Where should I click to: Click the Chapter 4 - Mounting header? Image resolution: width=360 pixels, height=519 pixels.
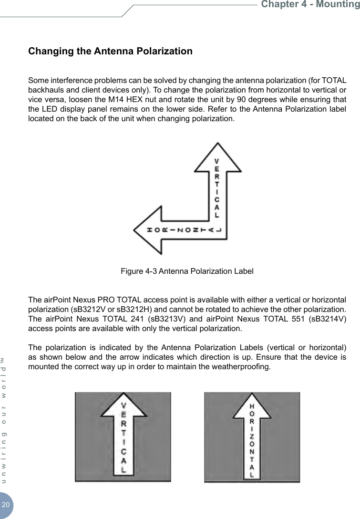pyautogui.click(x=310, y=5)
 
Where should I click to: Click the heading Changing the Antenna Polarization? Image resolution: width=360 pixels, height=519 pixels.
pyautogui.click(x=111, y=51)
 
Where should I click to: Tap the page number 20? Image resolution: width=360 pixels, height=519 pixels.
pyautogui.click(x=6, y=505)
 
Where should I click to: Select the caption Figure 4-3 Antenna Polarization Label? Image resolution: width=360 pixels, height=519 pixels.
pyautogui.click(x=187, y=271)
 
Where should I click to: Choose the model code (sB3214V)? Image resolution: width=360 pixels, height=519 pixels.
pyautogui.click(x=326, y=319)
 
